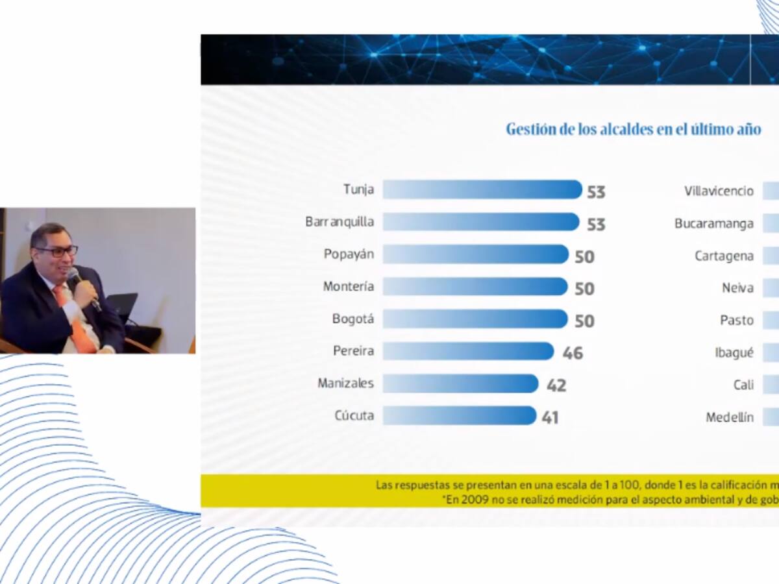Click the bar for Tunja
482,189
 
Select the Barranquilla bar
480,222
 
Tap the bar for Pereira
467,351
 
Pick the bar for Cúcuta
459,415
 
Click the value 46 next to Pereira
573,353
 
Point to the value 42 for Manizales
556,385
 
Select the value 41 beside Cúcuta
550,417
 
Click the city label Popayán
349,254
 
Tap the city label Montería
348,286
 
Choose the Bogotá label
352,319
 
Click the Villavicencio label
719,191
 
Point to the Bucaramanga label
713,224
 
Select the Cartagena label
724,256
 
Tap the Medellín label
730,417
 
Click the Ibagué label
734,352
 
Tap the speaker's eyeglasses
57,250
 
